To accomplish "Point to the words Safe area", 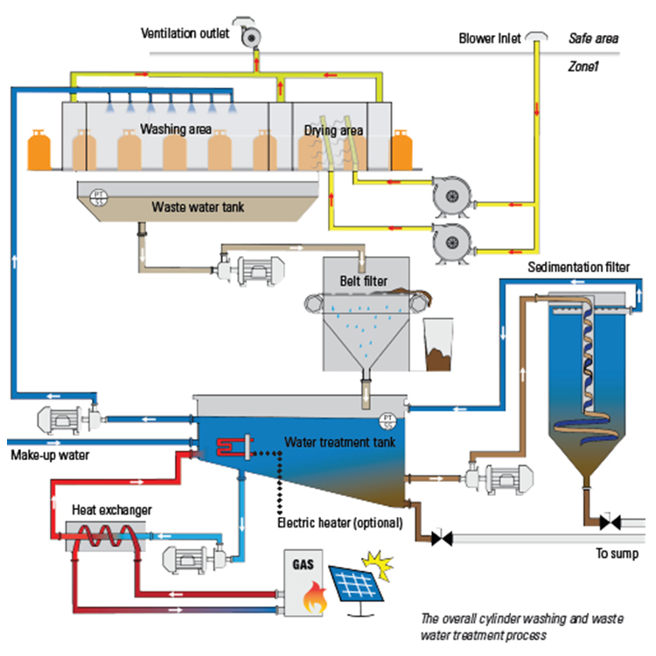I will (x=594, y=39).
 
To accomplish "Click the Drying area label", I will (x=333, y=131).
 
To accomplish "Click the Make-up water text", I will (x=48, y=456).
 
